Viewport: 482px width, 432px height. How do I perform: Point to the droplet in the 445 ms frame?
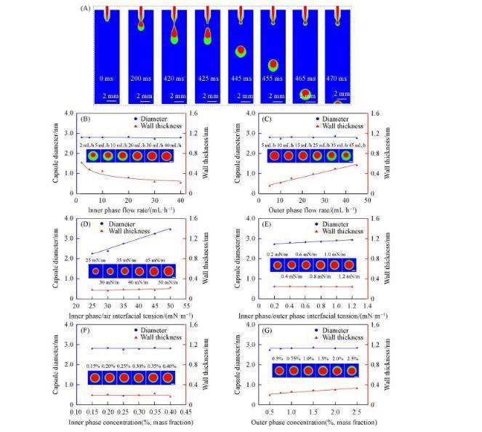coord(240,52)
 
